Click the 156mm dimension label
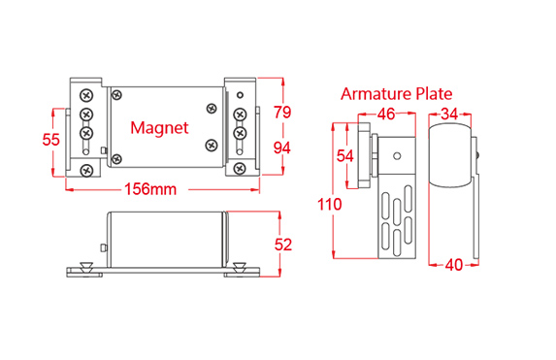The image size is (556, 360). (x=150, y=189)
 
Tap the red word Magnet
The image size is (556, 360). (x=159, y=128)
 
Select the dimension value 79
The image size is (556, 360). (x=282, y=113)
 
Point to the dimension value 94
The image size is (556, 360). (x=282, y=147)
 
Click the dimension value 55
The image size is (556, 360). (x=51, y=140)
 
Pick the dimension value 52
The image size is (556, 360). (x=283, y=245)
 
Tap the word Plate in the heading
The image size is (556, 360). (x=434, y=94)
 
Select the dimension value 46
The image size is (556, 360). (x=386, y=114)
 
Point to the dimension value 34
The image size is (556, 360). (x=449, y=114)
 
